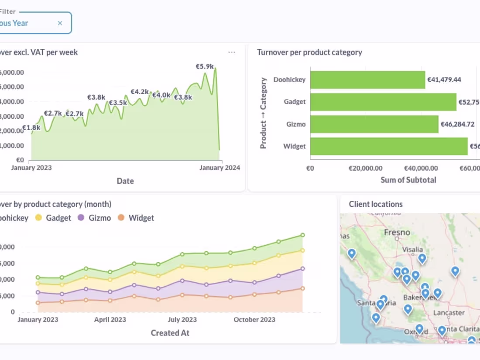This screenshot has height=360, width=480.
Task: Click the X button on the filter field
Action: point(60,23)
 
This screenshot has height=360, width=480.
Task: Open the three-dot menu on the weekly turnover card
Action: point(232,52)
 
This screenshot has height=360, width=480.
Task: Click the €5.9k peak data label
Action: point(204,66)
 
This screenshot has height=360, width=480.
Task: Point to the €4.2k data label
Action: point(140,92)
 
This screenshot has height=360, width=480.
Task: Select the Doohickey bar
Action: point(367,80)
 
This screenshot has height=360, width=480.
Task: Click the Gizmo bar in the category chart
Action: point(374,124)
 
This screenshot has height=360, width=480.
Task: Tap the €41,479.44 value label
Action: point(444,80)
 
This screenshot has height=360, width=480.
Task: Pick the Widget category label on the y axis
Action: point(295,146)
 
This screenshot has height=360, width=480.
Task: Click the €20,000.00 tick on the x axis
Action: point(366,168)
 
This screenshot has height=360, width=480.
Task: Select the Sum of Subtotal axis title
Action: point(408,180)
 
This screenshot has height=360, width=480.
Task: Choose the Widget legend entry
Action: point(136,218)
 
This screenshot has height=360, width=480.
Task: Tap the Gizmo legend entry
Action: point(94,218)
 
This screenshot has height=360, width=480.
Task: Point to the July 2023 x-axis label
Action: point(182,319)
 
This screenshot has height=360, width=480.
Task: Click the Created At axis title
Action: point(170,333)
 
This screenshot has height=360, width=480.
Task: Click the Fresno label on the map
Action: point(397,233)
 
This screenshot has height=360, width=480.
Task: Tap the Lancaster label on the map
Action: point(449,313)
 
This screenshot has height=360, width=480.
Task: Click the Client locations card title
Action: point(375,204)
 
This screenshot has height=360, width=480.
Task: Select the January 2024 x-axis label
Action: point(219,168)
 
